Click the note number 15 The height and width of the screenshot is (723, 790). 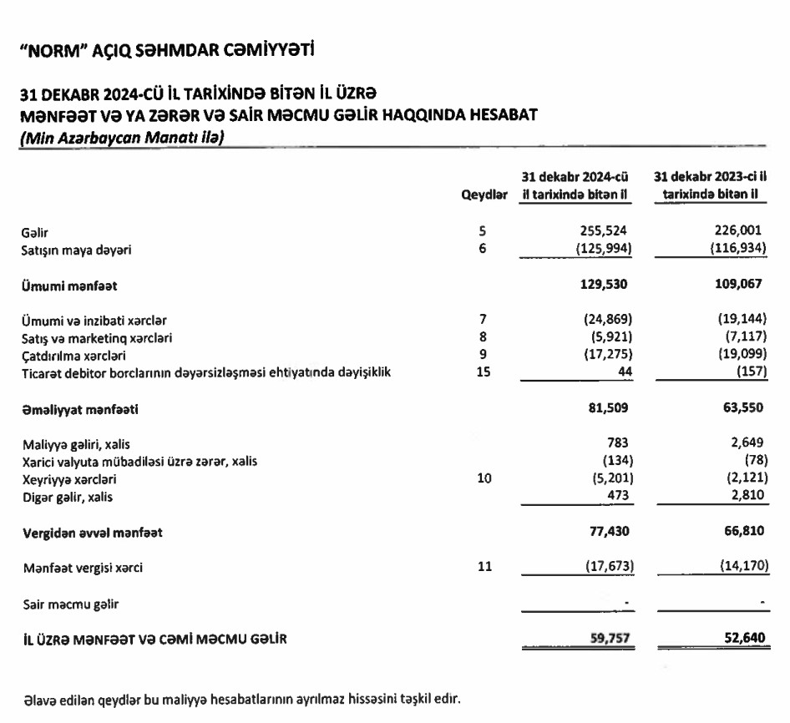pyautogui.click(x=484, y=372)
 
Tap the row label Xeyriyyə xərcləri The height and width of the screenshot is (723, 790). pyautogui.click(x=68, y=481)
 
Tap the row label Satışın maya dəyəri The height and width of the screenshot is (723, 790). pyautogui.click(x=77, y=249)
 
